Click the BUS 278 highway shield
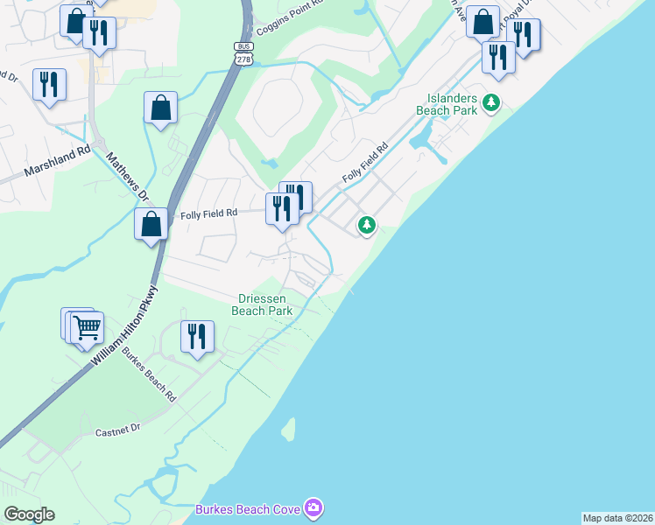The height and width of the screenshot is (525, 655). (x=243, y=52)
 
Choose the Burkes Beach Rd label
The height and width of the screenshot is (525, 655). (x=148, y=375)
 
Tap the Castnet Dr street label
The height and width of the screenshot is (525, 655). (x=117, y=430)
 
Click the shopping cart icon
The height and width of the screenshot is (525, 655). (x=87, y=328)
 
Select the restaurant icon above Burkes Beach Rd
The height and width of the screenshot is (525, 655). (x=197, y=337)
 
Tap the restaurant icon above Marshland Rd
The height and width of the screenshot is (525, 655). (x=48, y=85)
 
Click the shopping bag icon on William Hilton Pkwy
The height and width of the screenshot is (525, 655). (x=151, y=223)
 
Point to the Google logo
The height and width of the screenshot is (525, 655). (x=29, y=514)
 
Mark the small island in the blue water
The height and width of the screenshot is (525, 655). (x=286, y=429)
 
